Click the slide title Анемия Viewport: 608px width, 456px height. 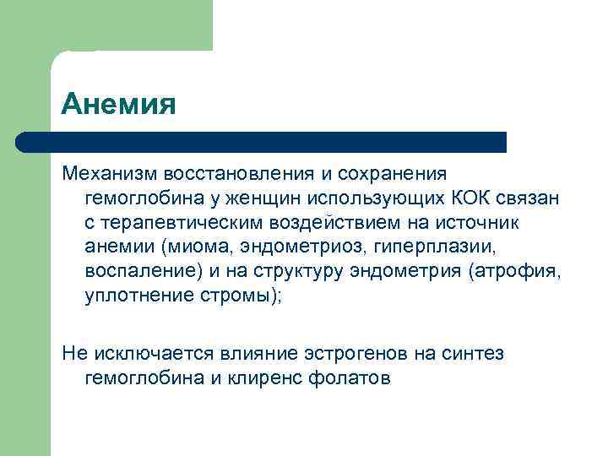118,105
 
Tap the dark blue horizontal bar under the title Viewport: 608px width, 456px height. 262,142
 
